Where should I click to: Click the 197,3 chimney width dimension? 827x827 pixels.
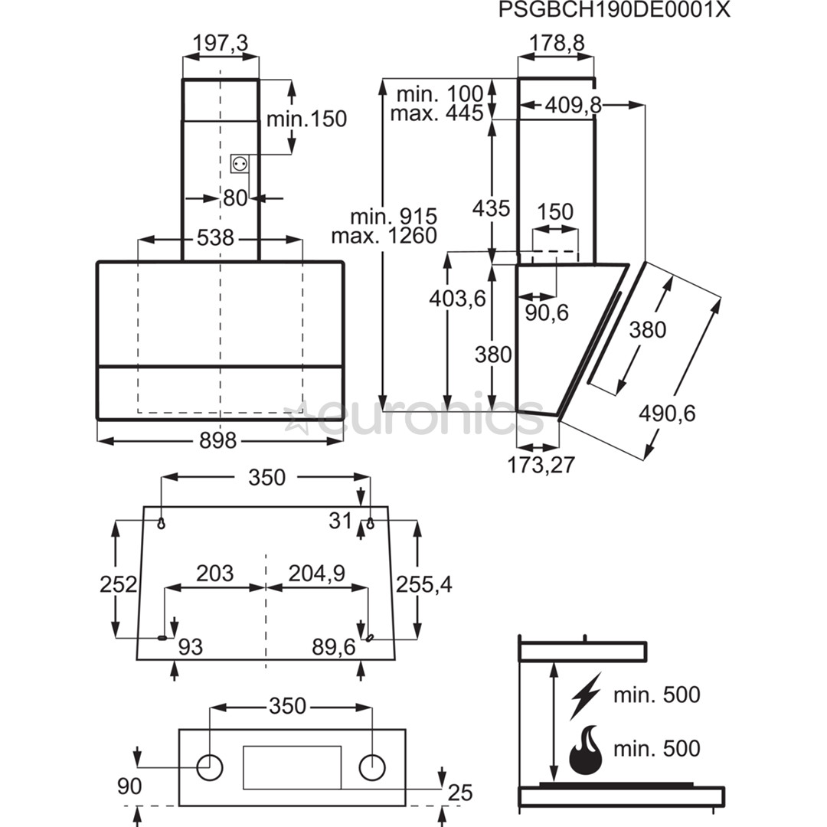[221, 44]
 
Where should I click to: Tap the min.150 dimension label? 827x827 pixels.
[306, 119]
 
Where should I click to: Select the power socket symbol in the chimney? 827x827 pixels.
[240, 163]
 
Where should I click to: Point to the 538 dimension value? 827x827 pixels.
[215, 238]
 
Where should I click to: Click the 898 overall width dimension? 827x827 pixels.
[218, 441]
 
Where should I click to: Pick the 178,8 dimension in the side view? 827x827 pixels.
[557, 44]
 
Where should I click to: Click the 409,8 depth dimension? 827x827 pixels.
[573, 106]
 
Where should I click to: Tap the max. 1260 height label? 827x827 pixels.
[384, 235]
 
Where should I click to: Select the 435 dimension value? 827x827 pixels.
[491, 208]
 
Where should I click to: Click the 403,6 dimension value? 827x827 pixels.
[458, 299]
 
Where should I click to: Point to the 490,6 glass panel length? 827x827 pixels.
[667, 413]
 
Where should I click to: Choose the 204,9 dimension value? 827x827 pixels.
[316, 573]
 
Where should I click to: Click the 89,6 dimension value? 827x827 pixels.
[334, 647]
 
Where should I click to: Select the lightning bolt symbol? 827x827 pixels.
[585, 695]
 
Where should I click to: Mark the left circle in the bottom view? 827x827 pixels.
[209, 767]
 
